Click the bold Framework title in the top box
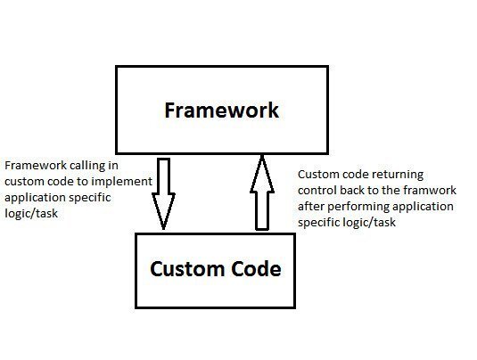pyautogui.click(x=221, y=110)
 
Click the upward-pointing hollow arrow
pyautogui.click(x=260, y=192)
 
